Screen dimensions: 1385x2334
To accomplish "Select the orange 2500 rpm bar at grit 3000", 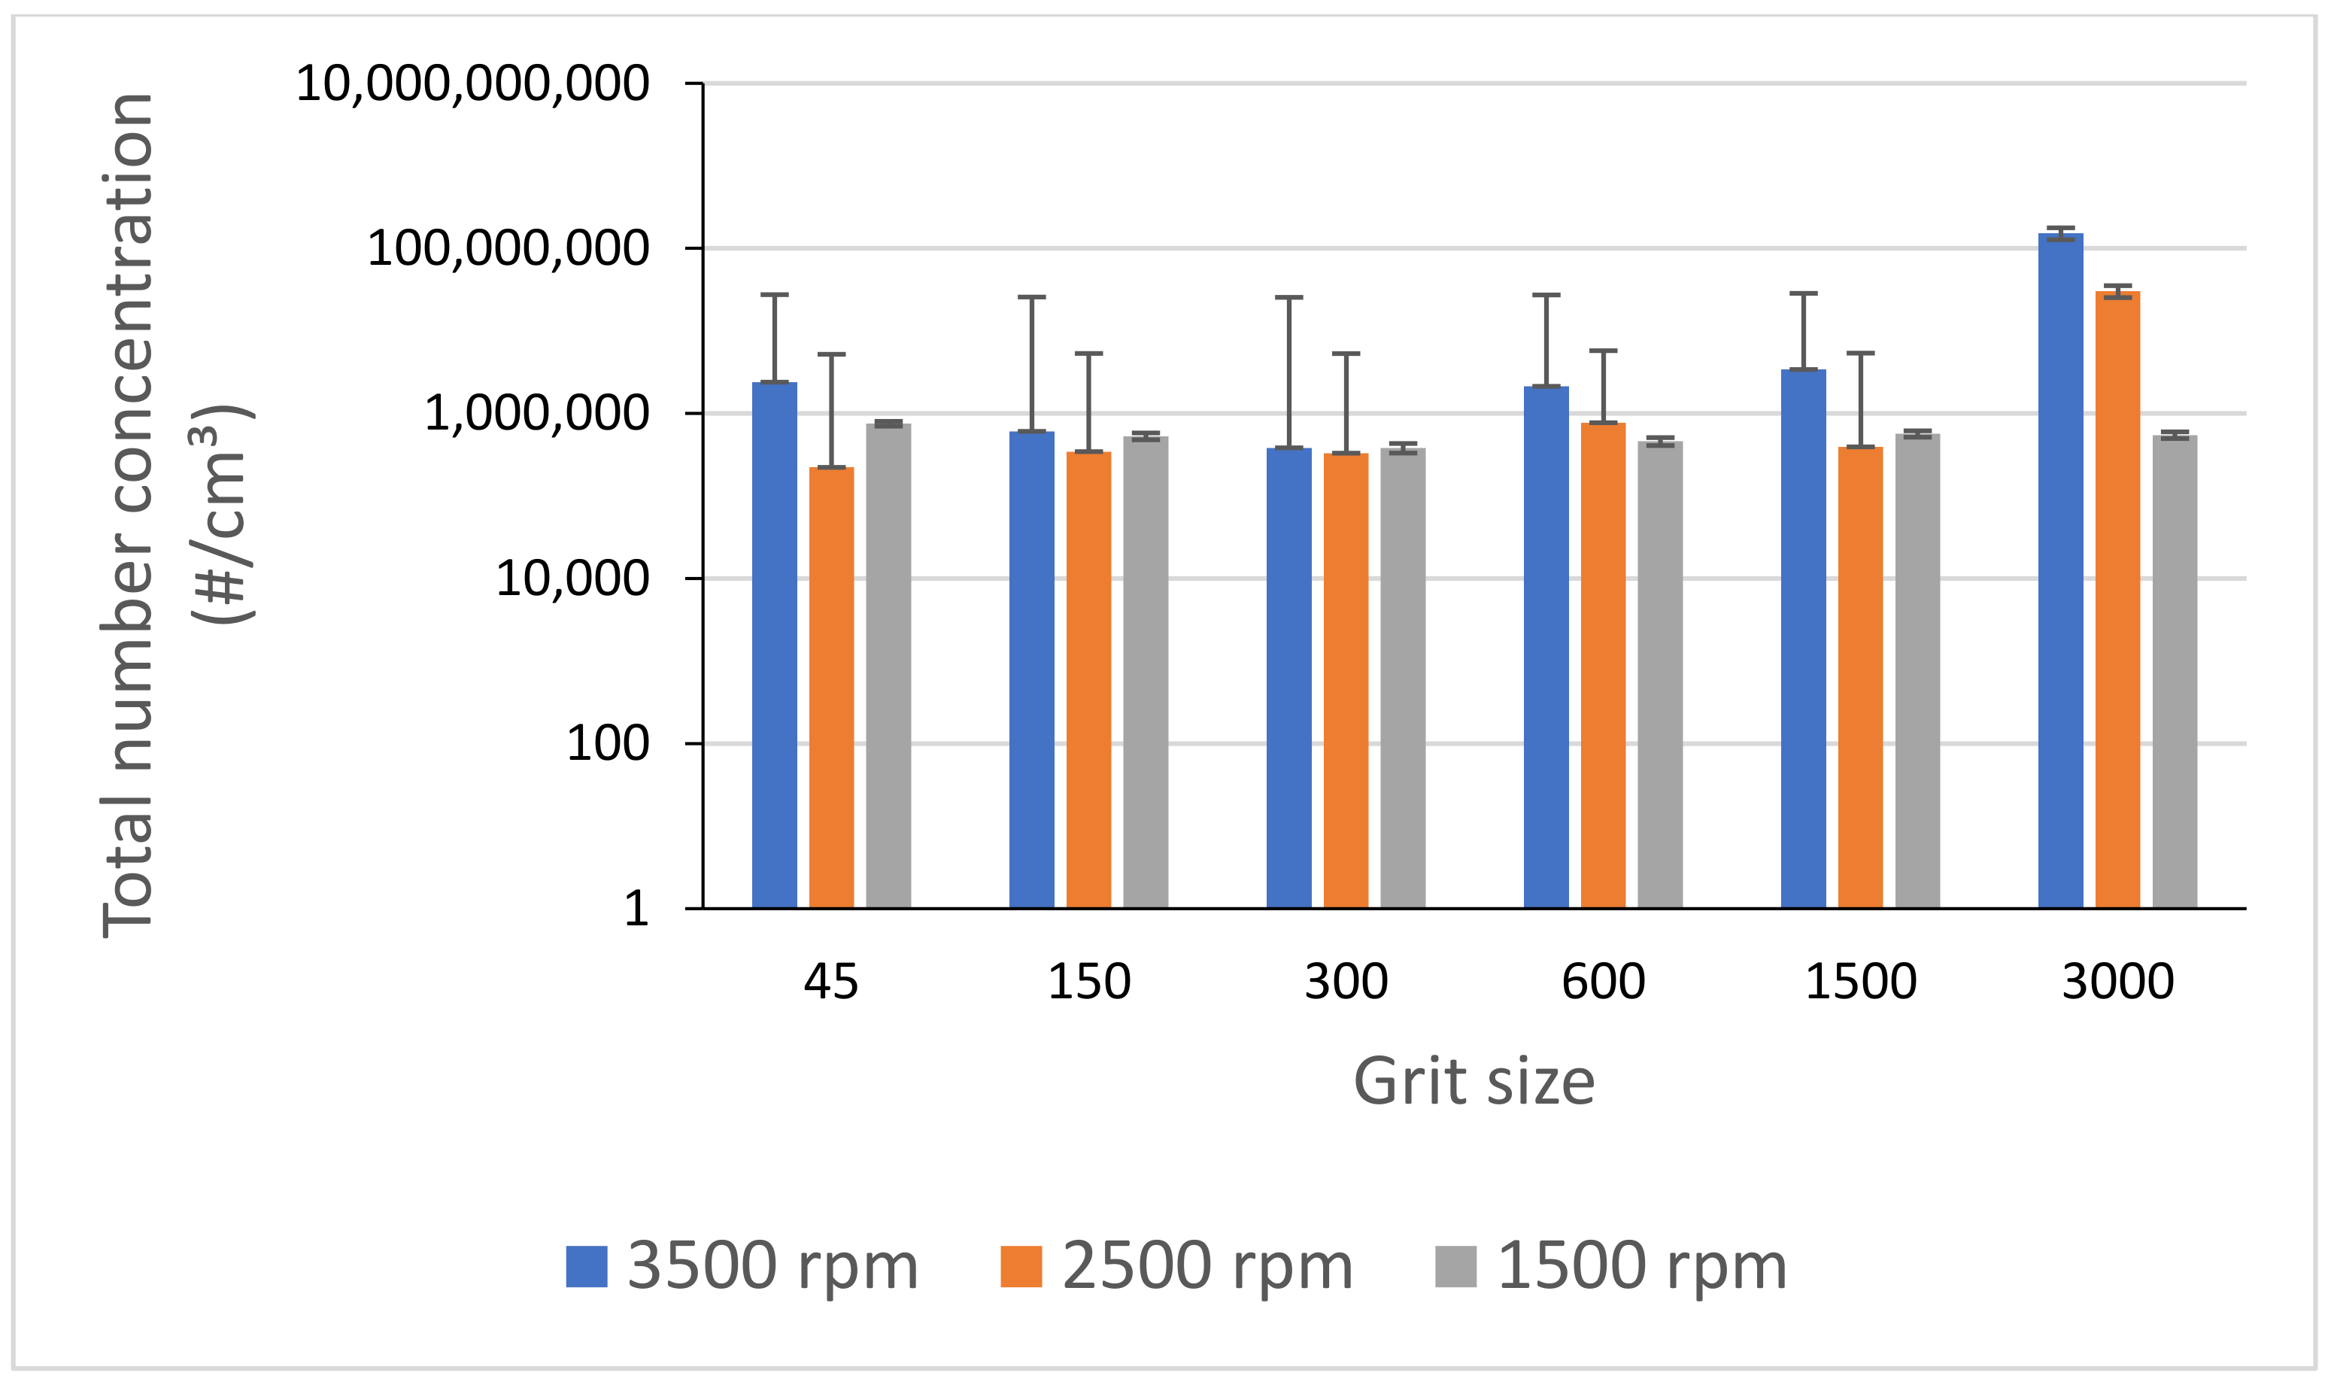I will click(2117, 597).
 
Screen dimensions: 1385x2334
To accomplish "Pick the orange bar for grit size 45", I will click(831, 686).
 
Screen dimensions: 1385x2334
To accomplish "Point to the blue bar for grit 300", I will click(1288, 676).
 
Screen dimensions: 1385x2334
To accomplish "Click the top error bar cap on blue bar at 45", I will click(774, 295).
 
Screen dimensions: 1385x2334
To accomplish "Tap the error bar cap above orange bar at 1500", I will click(1860, 354).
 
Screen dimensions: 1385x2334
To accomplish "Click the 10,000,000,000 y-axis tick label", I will click(472, 84).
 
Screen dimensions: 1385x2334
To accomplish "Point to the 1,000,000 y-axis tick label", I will click(536, 414).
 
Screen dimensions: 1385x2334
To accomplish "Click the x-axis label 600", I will click(1603, 981).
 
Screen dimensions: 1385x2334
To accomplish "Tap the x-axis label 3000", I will click(2117, 981).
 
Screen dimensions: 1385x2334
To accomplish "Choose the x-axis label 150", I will click(1088, 981).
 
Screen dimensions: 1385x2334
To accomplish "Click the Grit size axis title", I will click(1474, 1082).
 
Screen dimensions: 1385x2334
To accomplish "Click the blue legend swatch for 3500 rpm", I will click(586, 1266).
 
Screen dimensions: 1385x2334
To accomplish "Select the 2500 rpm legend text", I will click(1207, 1266).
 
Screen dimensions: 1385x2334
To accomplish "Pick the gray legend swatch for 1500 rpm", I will click(1455, 1266).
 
